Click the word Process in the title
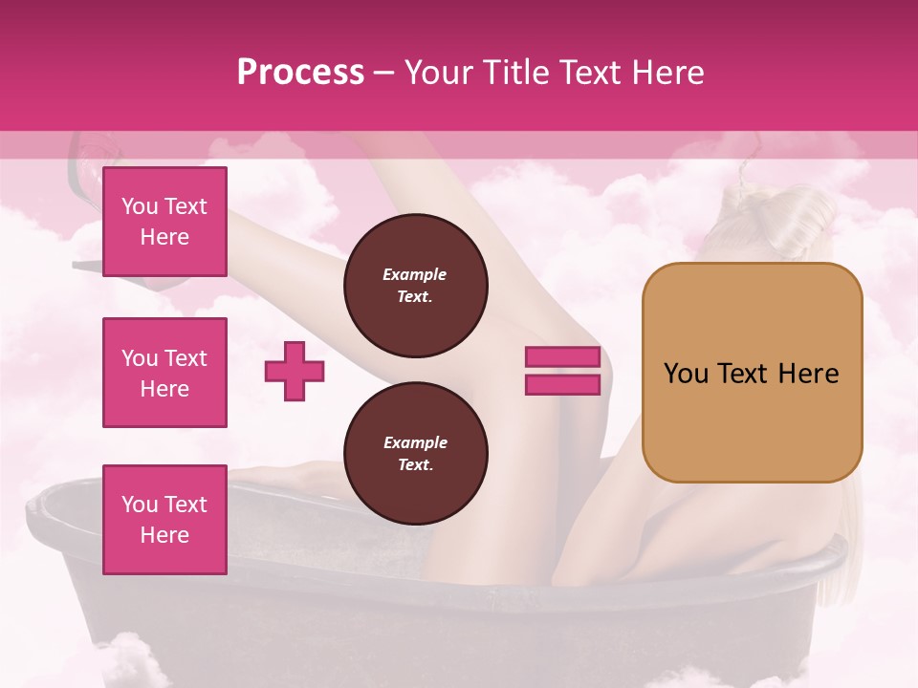click(x=300, y=73)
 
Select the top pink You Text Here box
click(x=164, y=222)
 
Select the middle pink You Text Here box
click(x=164, y=373)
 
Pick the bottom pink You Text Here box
click(x=164, y=520)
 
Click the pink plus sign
click(x=295, y=371)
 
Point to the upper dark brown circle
click(x=416, y=286)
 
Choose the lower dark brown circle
click(x=416, y=454)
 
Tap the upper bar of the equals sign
click(x=562, y=357)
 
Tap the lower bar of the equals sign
click(x=562, y=384)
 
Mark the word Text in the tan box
click(x=750, y=374)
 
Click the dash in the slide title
click(x=383, y=74)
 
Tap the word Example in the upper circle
click(x=415, y=274)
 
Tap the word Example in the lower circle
click(x=415, y=442)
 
